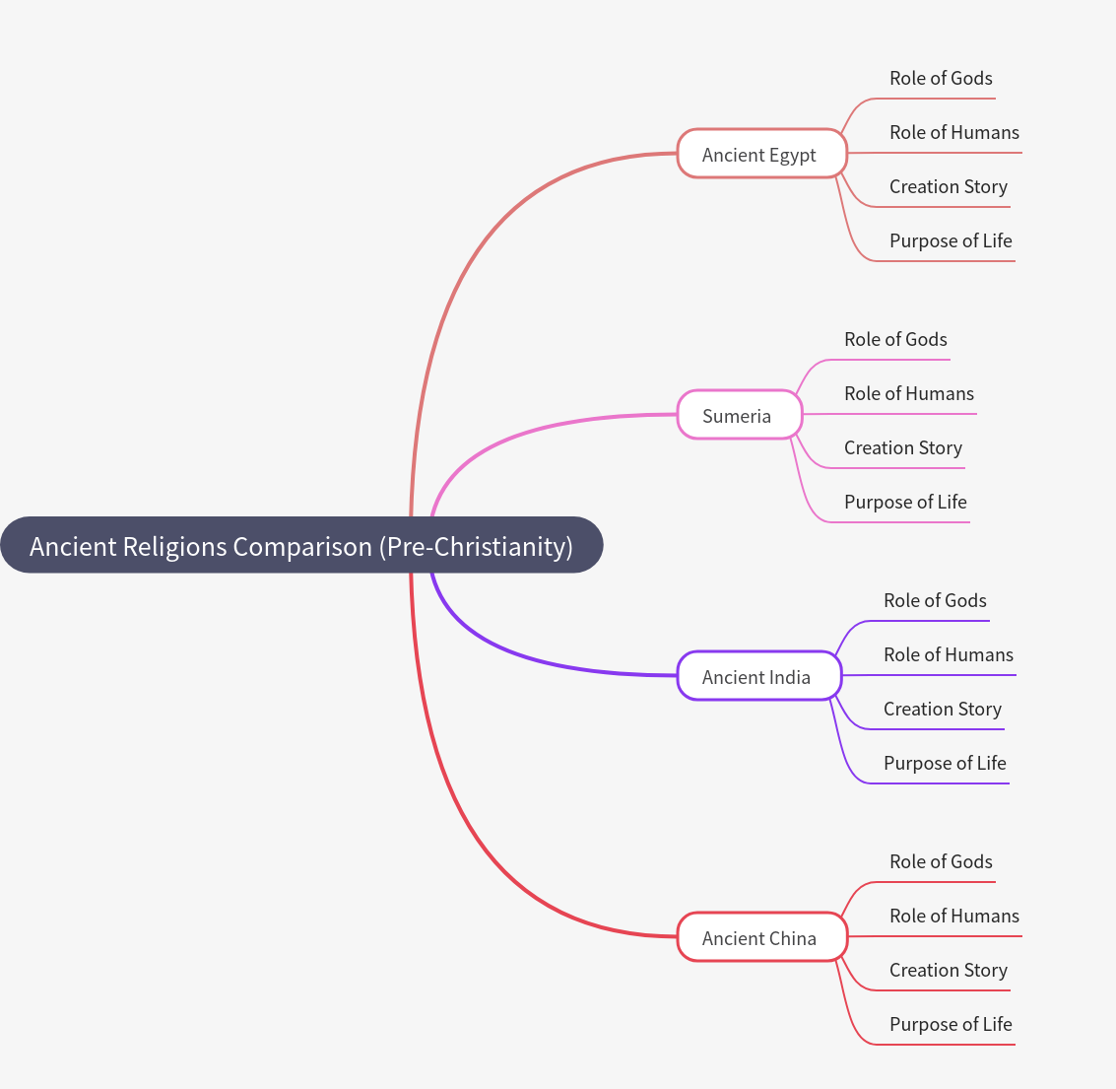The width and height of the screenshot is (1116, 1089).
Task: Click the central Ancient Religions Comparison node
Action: pyautogui.click(x=301, y=545)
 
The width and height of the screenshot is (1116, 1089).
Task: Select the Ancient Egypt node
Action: pyautogui.click(x=760, y=154)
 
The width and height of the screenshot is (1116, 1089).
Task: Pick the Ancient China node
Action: pyautogui.click(x=760, y=937)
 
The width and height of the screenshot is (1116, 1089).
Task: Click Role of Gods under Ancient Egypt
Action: pyautogui.click(x=941, y=79)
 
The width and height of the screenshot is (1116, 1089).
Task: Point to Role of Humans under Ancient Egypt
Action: pyautogui.click(x=953, y=133)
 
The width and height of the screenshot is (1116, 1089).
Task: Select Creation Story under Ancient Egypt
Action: pyautogui.click(x=948, y=187)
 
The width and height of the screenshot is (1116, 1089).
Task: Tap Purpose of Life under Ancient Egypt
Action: pyautogui.click(x=951, y=241)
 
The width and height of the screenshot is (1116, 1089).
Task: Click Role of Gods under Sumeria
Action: pyautogui.click(x=895, y=340)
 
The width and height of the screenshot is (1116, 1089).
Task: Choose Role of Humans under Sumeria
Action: pyautogui.click(x=908, y=394)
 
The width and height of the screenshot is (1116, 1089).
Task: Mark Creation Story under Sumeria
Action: pyautogui.click(x=902, y=448)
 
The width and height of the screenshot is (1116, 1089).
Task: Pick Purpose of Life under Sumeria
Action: pyautogui.click(x=905, y=503)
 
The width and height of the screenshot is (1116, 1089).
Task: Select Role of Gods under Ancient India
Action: pyautogui.click(x=935, y=601)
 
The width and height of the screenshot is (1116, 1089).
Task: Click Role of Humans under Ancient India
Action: pyautogui.click(x=948, y=655)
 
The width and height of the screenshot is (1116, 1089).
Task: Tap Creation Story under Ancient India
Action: pyautogui.click(x=942, y=710)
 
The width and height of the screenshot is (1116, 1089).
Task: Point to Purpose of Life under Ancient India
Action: pyautogui.click(x=945, y=764)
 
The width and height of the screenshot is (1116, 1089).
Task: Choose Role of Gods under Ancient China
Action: pyautogui.click(x=941, y=862)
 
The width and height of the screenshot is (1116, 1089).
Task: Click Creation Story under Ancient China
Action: pyautogui.click(x=948, y=971)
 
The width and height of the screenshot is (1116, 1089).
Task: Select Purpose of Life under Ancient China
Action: pyautogui.click(x=951, y=1025)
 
